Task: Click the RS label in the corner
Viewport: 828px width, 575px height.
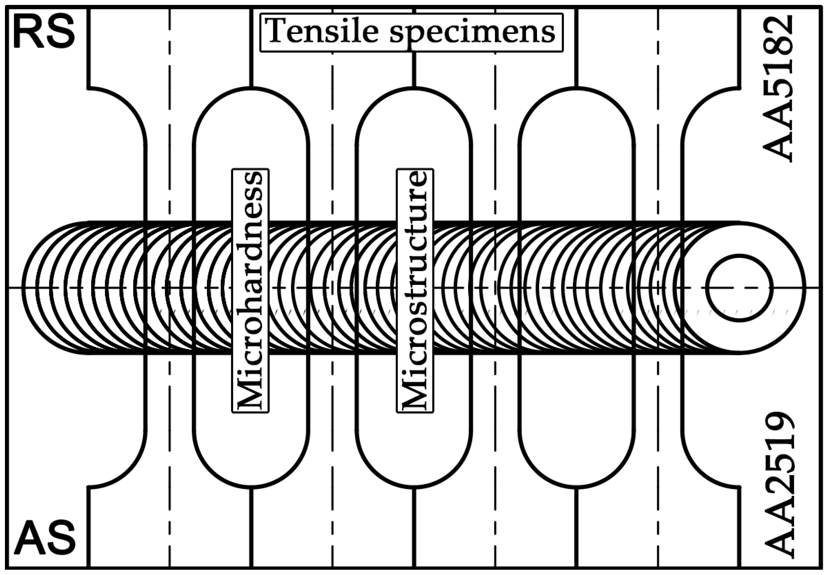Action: [44, 33]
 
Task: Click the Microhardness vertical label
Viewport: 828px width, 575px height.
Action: [250, 290]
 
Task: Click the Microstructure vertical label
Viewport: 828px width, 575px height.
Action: [415, 290]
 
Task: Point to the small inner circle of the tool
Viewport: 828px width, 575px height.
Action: [739, 288]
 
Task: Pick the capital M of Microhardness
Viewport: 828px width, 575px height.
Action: [250, 393]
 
